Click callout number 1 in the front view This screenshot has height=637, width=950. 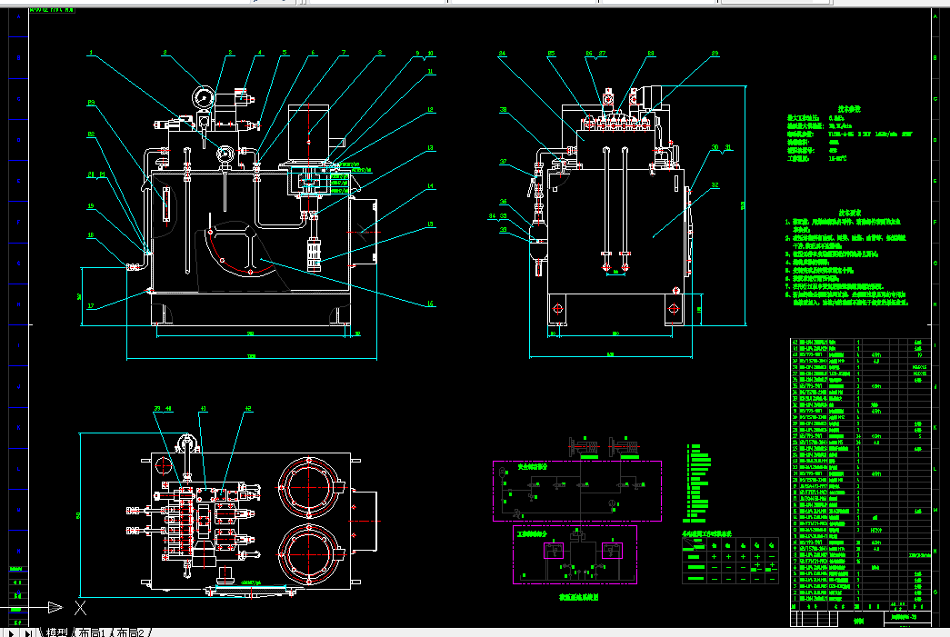click(x=91, y=54)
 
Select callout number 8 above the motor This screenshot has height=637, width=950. click(x=380, y=54)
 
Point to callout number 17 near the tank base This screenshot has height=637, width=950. click(x=91, y=306)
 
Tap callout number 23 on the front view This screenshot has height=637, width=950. click(x=91, y=103)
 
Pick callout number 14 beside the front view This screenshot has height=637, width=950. click(x=431, y=187)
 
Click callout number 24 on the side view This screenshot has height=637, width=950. click(x=502, y=54)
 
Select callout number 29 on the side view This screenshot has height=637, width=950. click(x=715, y=54)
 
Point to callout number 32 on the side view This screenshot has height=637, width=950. click(x=715, y=185)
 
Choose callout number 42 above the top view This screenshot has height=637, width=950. click(x=247, y=409)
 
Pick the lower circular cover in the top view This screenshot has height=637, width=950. click(x=308, y=553)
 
